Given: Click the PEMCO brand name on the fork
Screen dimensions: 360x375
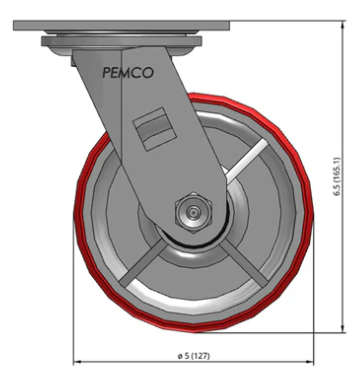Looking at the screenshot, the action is [x=128, y=73].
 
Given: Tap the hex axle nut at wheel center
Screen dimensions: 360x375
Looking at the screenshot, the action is [x=193, y=212].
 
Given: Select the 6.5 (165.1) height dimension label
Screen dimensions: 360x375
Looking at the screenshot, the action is [x=337, y=177].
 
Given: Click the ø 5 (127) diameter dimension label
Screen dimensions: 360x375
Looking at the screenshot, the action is [x=194, y=356].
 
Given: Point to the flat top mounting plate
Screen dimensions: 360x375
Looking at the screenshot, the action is [x=122, y=25].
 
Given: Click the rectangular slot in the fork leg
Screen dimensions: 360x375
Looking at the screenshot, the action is [x=155, y=129].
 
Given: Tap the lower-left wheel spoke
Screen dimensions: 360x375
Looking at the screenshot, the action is [x=143, y=264].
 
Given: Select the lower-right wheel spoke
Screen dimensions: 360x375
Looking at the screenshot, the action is [x=244, y=264].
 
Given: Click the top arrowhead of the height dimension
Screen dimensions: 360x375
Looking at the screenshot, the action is [x=343, y=23].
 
